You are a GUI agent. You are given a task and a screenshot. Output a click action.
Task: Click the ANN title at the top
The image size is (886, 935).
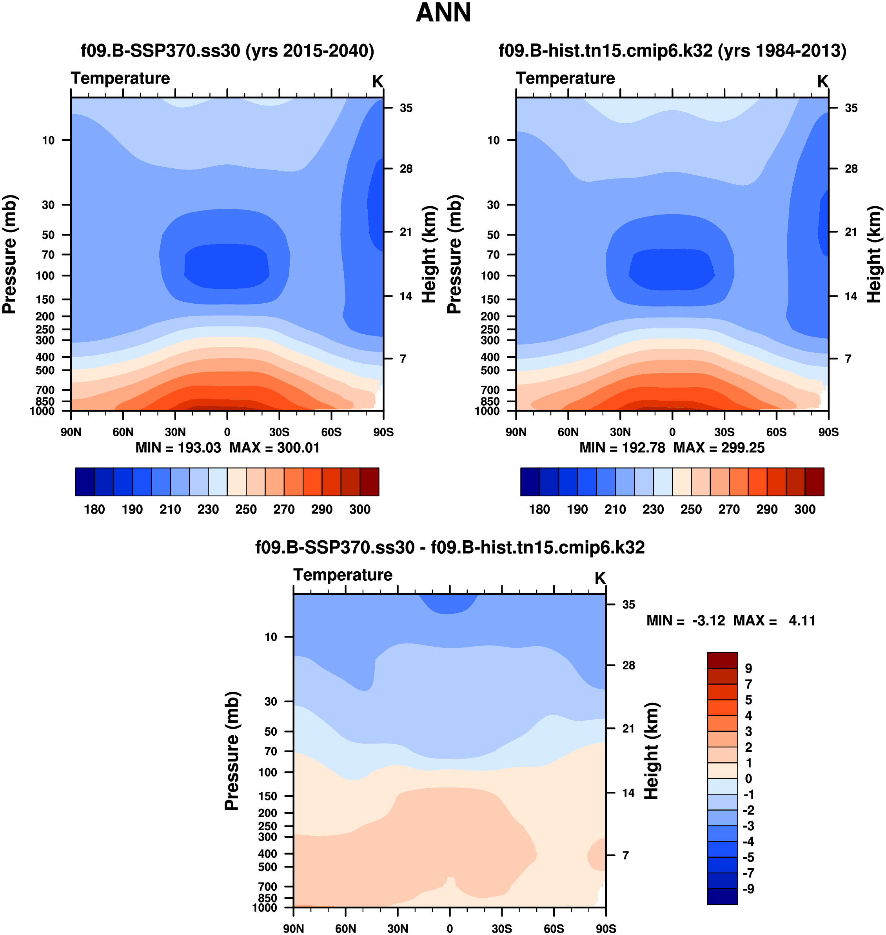point(443,13)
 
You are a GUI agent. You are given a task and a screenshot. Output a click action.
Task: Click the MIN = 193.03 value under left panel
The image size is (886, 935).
point(178,448)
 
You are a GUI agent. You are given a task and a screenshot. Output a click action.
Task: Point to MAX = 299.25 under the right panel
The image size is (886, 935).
point(719,448)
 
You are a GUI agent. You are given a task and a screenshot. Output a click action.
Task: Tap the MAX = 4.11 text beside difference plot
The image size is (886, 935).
point(775,620)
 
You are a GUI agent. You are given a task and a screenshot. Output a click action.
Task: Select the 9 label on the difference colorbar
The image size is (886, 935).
point(748,669)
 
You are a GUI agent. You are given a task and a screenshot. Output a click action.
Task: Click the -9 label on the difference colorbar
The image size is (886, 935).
point(748,889)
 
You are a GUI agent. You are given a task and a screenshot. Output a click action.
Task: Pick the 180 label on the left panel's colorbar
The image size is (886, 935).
point(94,509)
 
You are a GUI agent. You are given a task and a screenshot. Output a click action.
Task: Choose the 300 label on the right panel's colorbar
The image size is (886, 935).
point(805,509)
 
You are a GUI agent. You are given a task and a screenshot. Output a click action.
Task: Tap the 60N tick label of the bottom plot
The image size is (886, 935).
point(346,928)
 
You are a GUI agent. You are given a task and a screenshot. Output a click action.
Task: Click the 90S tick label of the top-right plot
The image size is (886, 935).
point(828,432)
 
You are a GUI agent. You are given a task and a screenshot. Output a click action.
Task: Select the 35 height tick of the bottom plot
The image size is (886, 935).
point(628,605)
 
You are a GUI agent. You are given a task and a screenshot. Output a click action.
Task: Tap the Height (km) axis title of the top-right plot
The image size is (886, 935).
point(874,254)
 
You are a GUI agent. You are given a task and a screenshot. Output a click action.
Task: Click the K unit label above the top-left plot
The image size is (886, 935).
point(378,82)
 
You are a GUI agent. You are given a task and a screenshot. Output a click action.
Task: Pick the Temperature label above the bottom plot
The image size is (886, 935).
point(343,575)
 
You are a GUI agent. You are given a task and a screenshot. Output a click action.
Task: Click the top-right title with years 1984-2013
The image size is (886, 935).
point(672,51)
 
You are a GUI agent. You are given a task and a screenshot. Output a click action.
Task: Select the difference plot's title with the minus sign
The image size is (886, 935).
point(450,547)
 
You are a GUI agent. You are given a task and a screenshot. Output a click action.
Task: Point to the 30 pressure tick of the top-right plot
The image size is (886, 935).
point(493,205)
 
